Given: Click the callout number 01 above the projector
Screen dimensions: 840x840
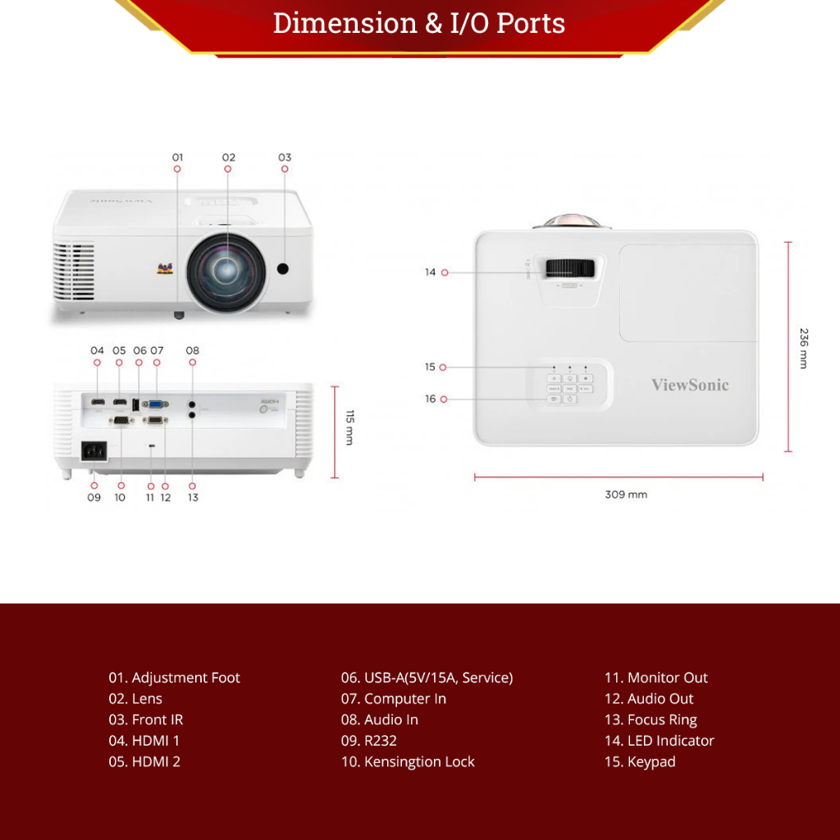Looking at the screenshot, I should pos(178,157).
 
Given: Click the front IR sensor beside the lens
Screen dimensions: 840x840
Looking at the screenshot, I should pos(285,269).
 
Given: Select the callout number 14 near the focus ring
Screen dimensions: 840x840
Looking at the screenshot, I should pos(431,272).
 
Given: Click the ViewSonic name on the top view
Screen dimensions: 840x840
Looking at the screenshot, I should pos(690,385).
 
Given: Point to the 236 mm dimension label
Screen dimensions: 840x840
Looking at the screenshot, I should pos(804,348).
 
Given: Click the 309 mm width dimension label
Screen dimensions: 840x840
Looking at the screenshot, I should pos(626,495).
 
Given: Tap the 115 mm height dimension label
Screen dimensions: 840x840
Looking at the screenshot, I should pos(349,427).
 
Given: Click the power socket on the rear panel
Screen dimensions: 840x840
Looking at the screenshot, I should pos(93,452).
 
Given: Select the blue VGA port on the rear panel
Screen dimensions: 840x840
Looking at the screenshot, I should pos(156,404).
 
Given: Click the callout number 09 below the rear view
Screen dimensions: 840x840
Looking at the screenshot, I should pos(94,497).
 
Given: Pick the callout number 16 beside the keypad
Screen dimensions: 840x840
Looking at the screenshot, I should pos(431,399).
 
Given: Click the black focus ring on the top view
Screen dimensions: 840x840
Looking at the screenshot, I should pos(570,268).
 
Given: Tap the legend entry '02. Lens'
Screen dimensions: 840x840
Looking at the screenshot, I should pos(135,699).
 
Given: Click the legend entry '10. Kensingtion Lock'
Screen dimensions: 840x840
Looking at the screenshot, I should pos(408,761).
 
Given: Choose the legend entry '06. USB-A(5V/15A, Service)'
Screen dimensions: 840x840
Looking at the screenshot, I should pos(427,678).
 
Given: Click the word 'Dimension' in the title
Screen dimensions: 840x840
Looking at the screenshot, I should pos(345,23).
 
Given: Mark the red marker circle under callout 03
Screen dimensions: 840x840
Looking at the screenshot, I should pos(285,169).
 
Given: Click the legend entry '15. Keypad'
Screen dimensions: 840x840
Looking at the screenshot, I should pos(640,761).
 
